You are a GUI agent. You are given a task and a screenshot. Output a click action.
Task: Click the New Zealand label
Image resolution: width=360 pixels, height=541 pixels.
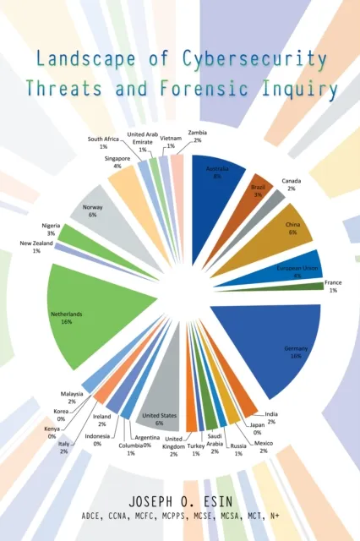(35, 247)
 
